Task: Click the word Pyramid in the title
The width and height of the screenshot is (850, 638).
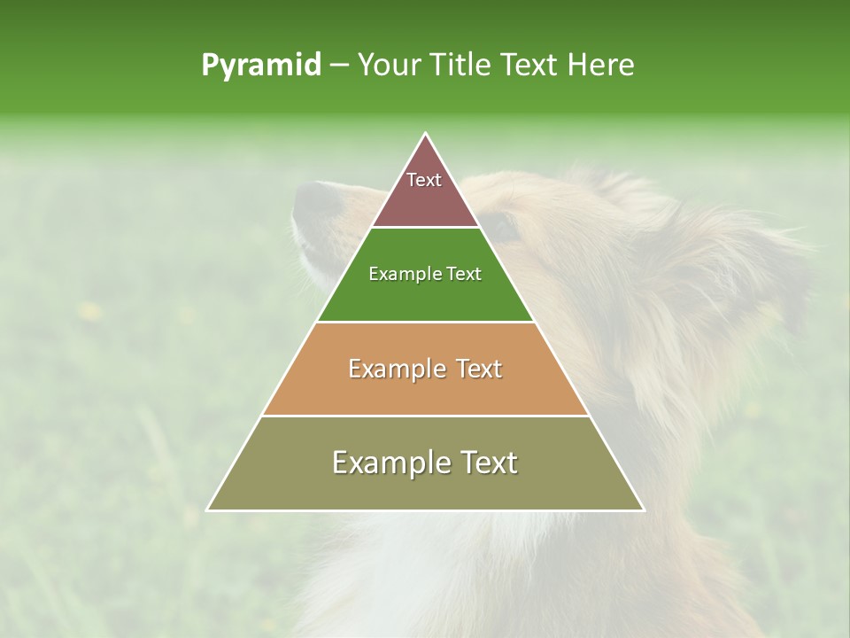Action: click(x=261, y=65)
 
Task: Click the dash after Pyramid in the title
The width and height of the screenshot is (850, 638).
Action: click(x=339, y=65)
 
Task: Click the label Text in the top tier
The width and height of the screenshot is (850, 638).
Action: click(x=424, y=180)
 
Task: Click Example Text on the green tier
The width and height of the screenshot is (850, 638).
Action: click(x=425, y=274)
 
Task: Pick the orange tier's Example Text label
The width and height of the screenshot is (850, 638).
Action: click(x=425, y=369)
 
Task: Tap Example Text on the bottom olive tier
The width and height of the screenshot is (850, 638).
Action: click(x=425, y=463)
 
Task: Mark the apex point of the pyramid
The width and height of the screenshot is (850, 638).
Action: click(x=426, y=134)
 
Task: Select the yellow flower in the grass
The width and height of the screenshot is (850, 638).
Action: click(x=89, y=310)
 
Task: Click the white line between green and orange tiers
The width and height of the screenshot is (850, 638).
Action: click(x=425, y=322)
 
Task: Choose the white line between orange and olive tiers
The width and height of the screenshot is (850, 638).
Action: click(x=425, y=416)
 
